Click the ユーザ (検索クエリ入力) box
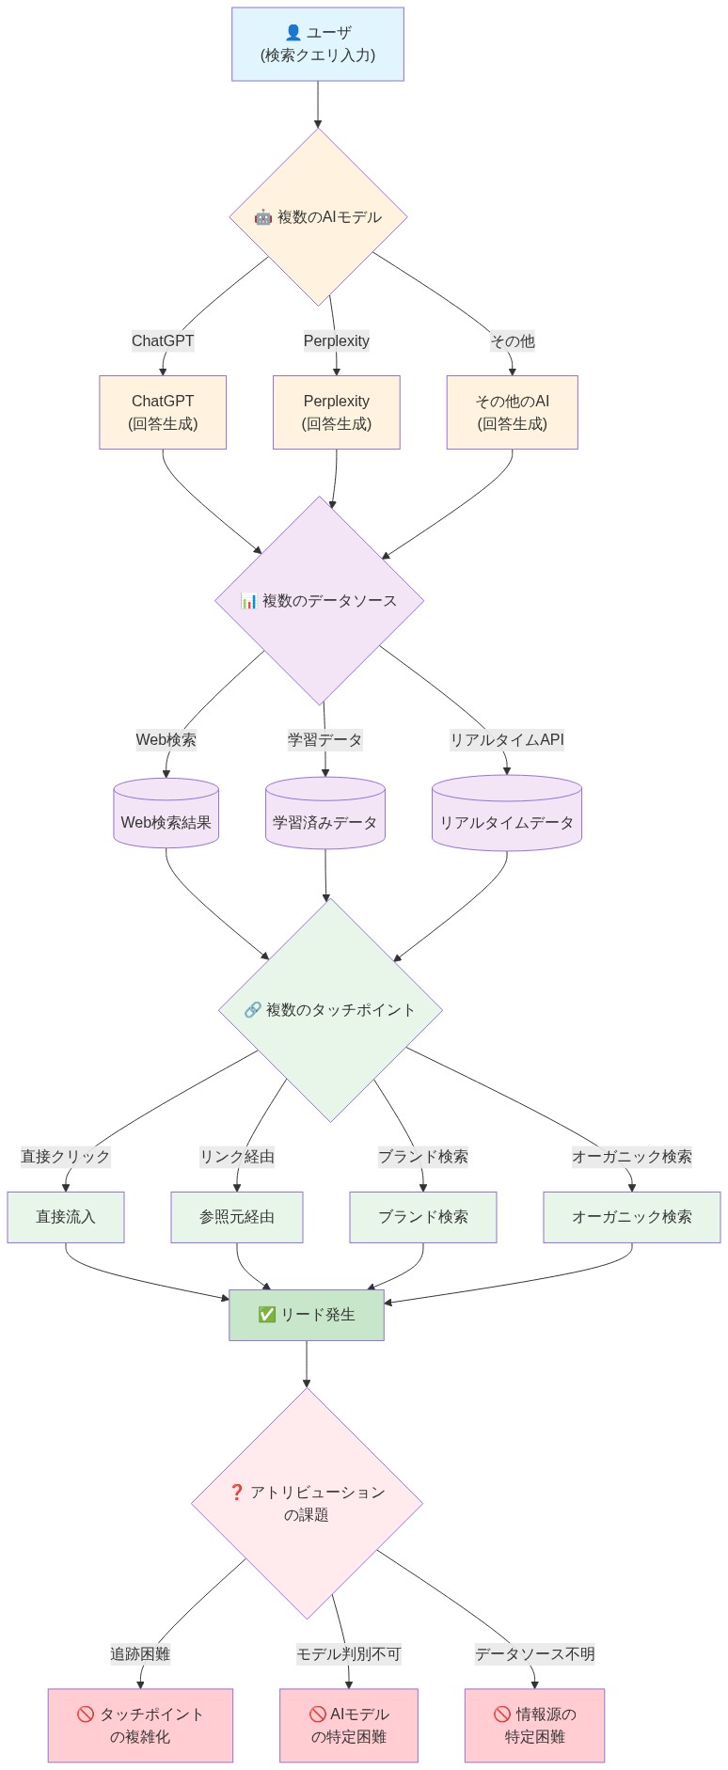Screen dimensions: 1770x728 click(x=318, y=44)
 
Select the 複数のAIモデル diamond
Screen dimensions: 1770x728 click(x=318, y=217)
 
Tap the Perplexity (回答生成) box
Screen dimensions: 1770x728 click(x=337, y=412)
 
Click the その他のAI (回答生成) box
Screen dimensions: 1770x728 click(x=512, y=412)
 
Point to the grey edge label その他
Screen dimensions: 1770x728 click(x=512, y=341)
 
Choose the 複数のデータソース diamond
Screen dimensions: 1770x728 click(x=319, y=601)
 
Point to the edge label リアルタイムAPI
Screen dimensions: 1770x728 click(x=507, y=740)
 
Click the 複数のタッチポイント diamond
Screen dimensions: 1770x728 click(x=330, y=1010)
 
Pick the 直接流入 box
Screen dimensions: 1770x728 click(x=66, y=1217)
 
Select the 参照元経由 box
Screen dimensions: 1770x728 click(x=237, y=1217)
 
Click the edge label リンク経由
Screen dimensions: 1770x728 click(x=237, y=1157)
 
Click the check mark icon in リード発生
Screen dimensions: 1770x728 click(x=266, y=1315)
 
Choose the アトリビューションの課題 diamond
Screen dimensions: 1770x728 click(x=307, y=1503)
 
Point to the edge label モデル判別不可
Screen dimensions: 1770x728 click(x=349, y=1654)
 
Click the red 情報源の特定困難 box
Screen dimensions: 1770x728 click(x=534, y=1725)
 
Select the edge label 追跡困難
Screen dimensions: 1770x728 click(x=140, y=1654)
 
